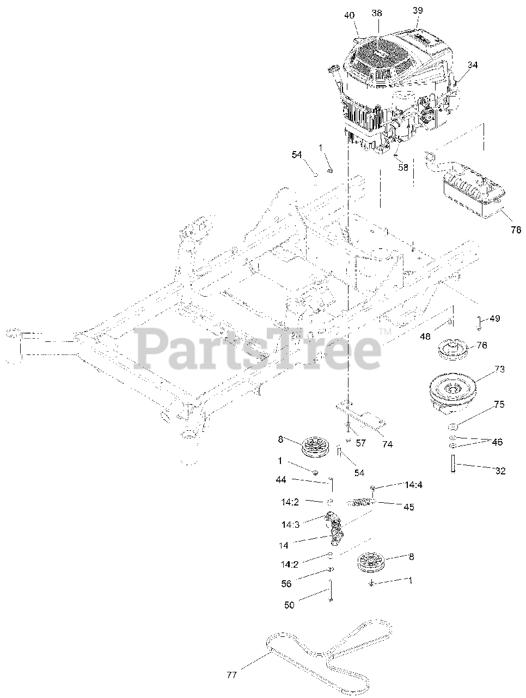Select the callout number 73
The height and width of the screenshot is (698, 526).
click(x=499, y=369)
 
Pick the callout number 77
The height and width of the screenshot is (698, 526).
click(x=232, y=675)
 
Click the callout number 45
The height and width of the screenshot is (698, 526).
click(x=408, y=507)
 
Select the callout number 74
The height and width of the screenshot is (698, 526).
click(x=387, y=444)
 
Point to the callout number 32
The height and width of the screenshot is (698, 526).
click(x=500, y=471)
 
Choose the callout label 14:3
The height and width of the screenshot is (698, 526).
click(x=290, y=525)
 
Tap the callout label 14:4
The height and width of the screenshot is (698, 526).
click(x=414, y=484)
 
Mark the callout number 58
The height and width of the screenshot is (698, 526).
click(x=403, y=168)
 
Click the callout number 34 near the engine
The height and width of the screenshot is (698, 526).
click(x=472, y=65)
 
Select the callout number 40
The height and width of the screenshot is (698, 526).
click(x=349, y=15)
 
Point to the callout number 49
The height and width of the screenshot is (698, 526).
click(x=494, y=318)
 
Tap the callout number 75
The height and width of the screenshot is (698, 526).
click(x=499, y=405)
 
